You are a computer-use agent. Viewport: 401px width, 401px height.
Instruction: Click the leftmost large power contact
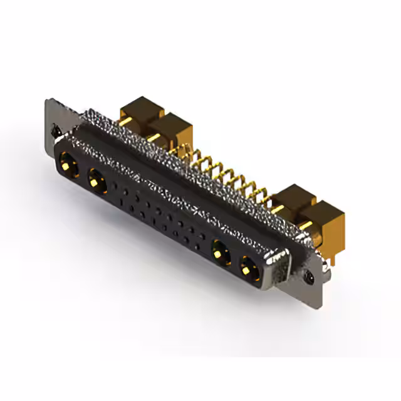pos(68,168)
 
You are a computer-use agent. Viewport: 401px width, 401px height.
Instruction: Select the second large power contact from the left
pos(96,182)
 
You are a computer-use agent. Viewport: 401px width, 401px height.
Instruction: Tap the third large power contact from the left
pos(219,253)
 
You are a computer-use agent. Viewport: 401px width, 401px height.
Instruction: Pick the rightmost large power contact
pos(248,269)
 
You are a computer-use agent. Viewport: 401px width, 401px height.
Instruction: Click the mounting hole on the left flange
pos(56,132)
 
